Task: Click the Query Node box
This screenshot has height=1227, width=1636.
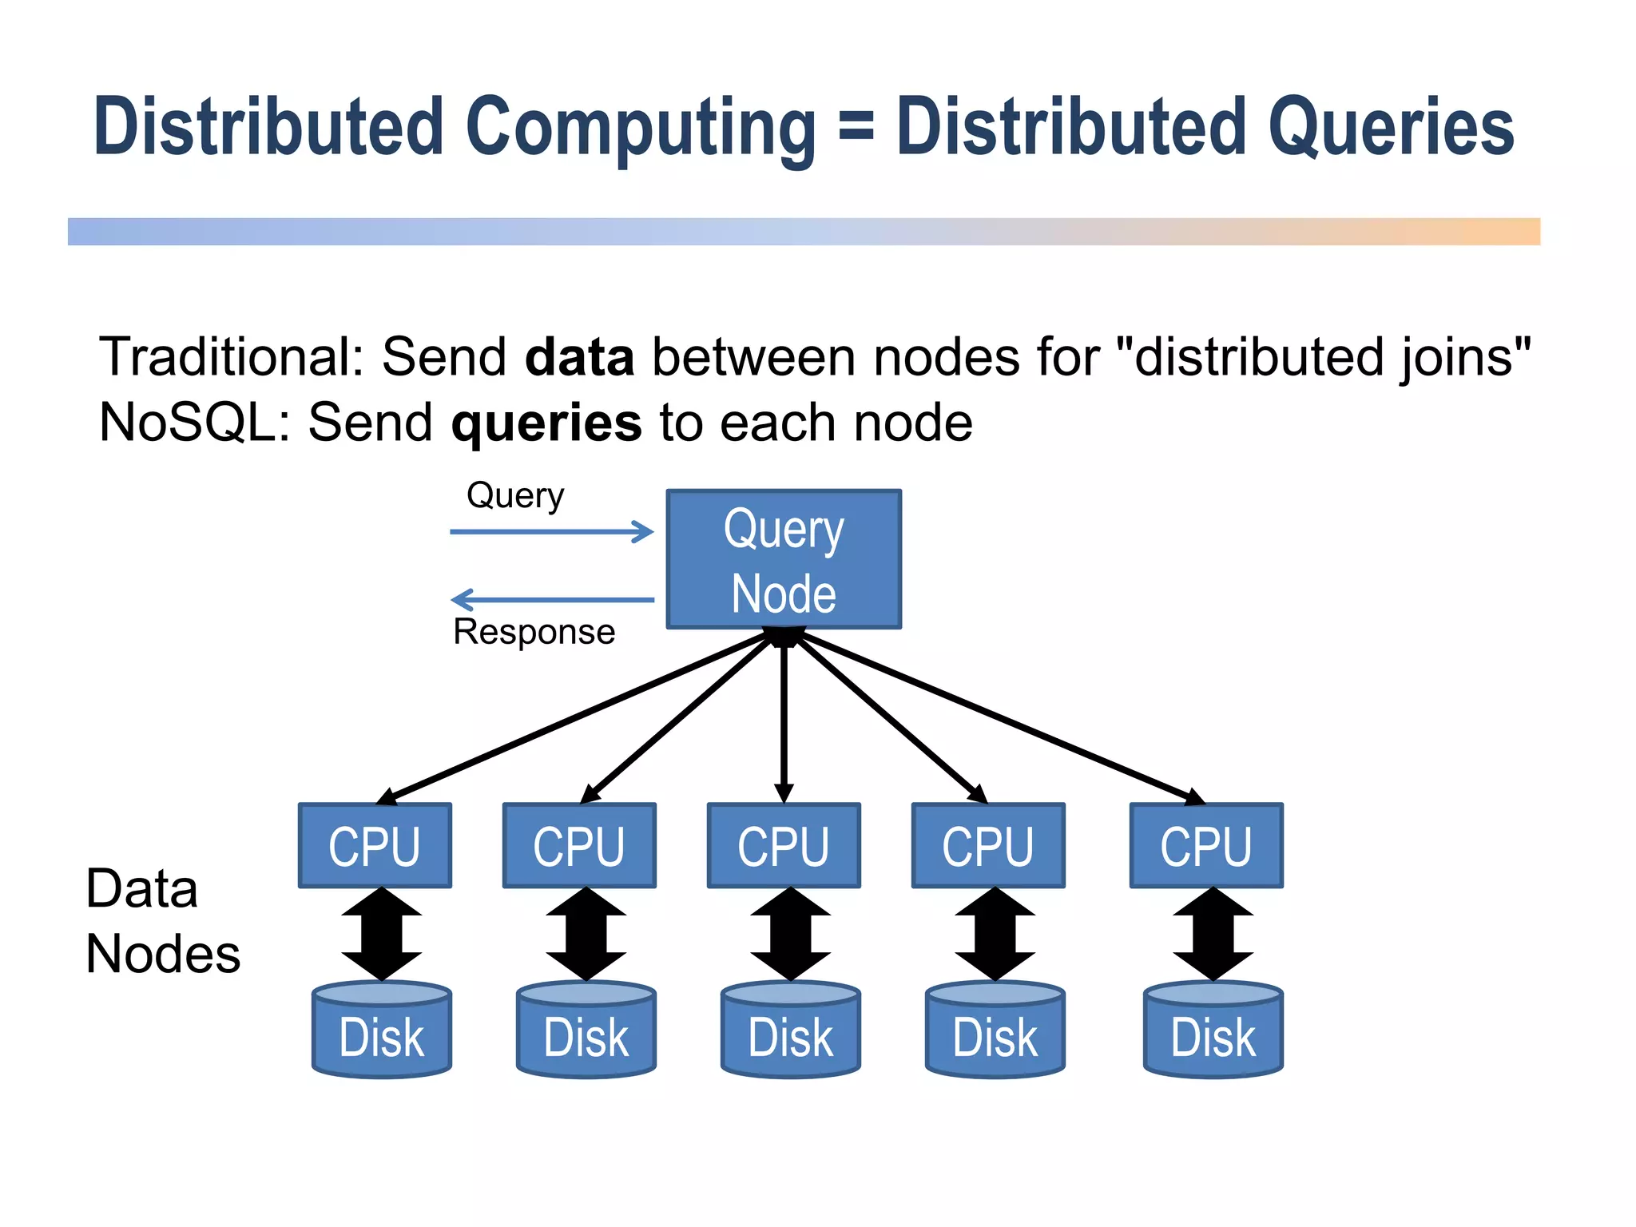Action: coord(784,559)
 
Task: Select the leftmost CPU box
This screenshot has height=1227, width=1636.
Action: coord(375,846)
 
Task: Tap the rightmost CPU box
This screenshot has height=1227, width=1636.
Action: coord(1206,846)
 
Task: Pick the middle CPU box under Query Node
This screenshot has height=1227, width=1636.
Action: coord(784,846)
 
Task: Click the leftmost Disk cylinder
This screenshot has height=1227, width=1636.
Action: coord(382,1033)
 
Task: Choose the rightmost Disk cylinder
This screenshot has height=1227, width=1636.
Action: coord(1213,1033)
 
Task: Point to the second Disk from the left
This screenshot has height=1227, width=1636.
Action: coord(586,1033)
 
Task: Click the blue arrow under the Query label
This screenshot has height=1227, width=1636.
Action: coord(551,531)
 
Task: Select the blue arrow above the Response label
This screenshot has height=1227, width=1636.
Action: coord(551,599)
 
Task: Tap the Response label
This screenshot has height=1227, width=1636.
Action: coord(534,632)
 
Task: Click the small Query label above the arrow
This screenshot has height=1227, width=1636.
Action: coord(515,495)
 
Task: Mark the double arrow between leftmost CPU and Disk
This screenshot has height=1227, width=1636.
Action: coord(382,933)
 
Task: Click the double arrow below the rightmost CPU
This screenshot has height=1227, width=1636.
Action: coord(1213,933)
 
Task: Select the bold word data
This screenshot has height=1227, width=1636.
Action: coord(579,356)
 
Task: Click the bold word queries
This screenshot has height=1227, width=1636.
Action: coord(546,423)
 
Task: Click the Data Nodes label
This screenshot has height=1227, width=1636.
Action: coord(163,921)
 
